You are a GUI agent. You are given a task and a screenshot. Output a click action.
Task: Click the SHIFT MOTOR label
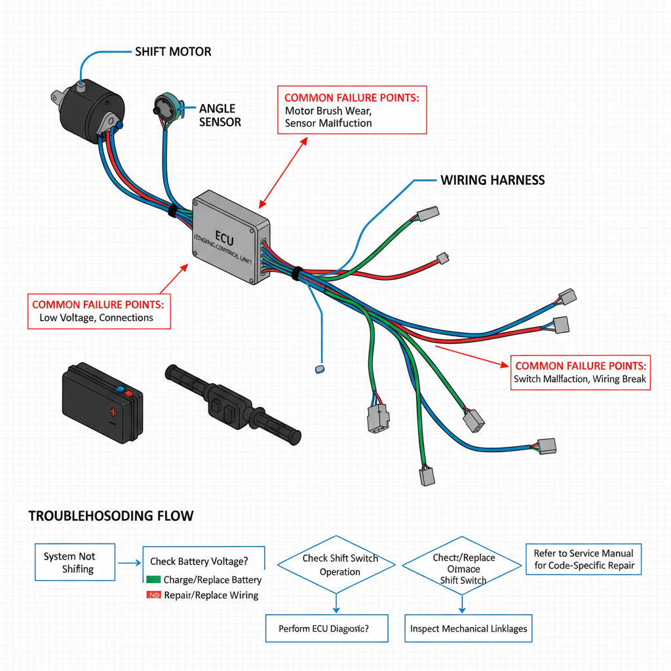tap(173, 51)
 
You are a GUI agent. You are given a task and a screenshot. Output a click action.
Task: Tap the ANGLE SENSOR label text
tap(220, 115)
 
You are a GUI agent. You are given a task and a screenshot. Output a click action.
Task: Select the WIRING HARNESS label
tap(492, 180)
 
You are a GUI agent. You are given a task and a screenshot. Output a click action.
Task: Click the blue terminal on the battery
tap(119, 389)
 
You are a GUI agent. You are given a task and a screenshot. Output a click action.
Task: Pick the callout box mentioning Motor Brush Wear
tap(352, 109)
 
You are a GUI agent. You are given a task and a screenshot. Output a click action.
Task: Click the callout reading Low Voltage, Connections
tap(97, 311)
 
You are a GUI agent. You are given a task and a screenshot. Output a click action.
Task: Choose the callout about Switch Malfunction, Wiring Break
tap(580, 372)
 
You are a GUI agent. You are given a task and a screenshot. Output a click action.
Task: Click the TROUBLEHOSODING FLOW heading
tap(111, 516)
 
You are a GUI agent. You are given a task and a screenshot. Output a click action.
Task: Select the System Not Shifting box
tap(75, 562)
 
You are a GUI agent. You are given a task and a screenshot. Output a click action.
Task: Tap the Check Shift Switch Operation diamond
tap(335, 565)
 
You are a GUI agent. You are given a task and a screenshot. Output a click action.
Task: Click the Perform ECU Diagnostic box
tap(326, 628)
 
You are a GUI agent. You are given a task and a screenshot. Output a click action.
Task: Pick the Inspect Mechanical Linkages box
tap(468, 628)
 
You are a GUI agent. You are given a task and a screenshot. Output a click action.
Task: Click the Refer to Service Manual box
tap(584, 559)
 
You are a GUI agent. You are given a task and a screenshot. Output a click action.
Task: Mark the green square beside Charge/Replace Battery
tap(153, 580)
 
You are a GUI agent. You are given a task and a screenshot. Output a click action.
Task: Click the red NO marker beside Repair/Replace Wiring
tap(154, 595)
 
